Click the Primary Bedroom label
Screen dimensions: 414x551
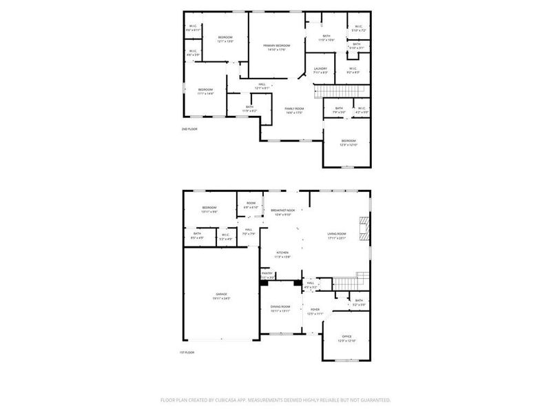(x=276, y=46)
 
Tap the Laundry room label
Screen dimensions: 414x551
(x=320, y=68)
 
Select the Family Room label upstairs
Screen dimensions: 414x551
(x=295, y=108)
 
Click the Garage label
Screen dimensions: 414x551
(x=221, y=294)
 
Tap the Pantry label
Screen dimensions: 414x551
(x=267, y=273)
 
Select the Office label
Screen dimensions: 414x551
(x=346, y=337)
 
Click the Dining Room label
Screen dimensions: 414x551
(x=280, y=306)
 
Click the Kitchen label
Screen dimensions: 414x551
(x=283, y=253)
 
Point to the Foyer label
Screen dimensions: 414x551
(x=315, y=310)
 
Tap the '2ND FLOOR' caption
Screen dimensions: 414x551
(x=189, y=130)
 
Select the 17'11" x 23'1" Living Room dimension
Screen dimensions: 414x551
(x=336, y=238)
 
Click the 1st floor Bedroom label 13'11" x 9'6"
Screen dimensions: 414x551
(x=209, y=210)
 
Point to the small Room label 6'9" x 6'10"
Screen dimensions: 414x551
(x=250, y=206)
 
